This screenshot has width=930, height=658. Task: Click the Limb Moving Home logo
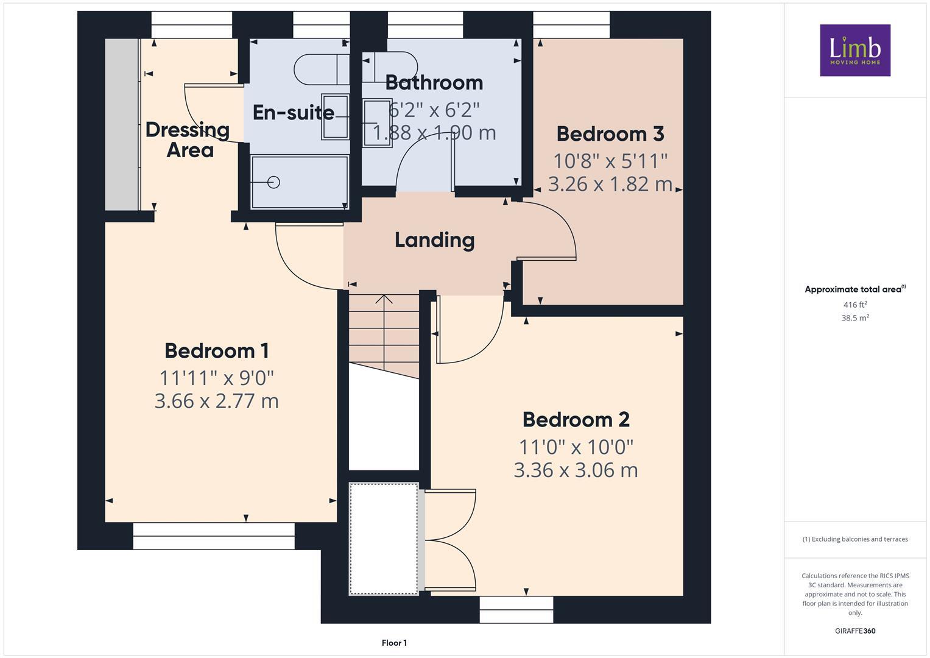854,50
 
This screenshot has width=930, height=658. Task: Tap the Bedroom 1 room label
216,351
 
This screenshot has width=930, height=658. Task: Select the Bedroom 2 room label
576,420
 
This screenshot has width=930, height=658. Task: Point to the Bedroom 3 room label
610,134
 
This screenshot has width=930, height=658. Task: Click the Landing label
434,240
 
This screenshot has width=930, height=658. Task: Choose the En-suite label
294,113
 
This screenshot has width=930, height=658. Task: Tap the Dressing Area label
188,140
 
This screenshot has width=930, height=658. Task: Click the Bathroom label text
434,82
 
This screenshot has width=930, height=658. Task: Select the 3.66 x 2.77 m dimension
216,401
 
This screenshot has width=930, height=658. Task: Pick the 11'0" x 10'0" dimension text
576,447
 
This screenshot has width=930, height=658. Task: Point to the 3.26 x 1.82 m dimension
610,184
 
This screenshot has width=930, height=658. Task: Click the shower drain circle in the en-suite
273,182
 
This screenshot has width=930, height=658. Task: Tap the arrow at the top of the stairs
384,300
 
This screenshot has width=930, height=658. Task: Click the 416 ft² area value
854,305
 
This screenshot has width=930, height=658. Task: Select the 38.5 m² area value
854,317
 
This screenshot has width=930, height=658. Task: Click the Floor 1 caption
394,643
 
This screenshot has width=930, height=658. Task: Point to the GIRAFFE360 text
854,631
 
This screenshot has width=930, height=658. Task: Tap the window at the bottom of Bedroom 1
213,536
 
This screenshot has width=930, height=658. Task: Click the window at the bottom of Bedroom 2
516,609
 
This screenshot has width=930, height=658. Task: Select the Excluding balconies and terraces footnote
854,539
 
